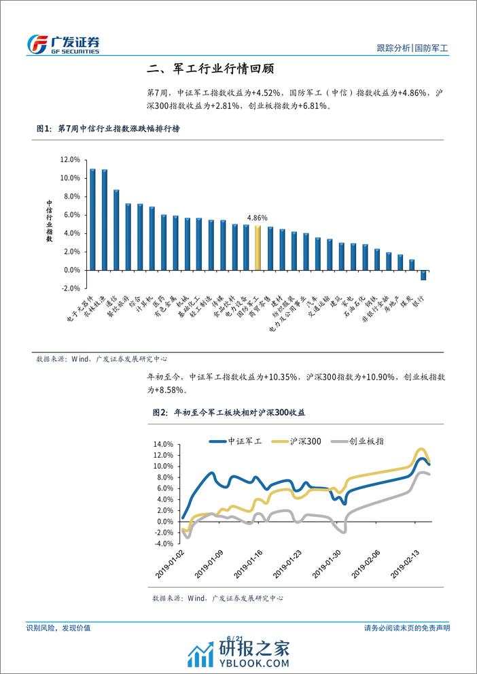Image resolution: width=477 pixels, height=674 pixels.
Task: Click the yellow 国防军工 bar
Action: tap(258, 248)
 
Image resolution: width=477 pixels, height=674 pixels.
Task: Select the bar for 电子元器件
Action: tap(93, 219)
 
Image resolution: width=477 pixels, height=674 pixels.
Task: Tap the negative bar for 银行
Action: tap(423, 275)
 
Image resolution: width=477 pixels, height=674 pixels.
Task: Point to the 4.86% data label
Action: tap(257, 218)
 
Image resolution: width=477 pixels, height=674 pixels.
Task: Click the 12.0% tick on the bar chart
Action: tap(70, 160)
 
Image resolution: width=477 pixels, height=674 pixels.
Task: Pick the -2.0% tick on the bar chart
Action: tap(70, 288)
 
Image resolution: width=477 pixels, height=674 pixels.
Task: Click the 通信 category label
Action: tap(113, 289)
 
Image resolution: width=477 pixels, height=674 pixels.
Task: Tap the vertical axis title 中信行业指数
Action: tap(49, 221)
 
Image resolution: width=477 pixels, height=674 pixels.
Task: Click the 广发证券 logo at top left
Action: tap(63, 44)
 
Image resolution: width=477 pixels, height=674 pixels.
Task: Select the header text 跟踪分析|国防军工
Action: tap(416, 49)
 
